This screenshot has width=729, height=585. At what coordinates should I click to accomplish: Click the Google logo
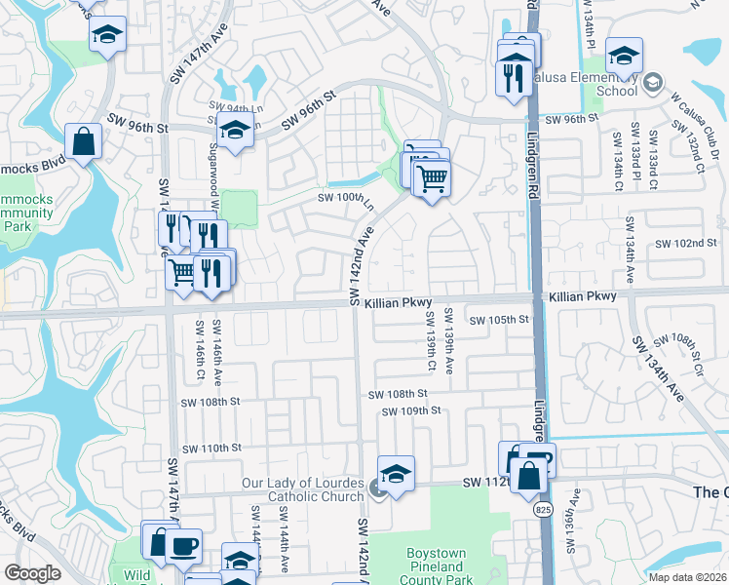click(x=32, y=573)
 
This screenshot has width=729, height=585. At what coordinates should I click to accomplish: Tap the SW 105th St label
click(x=498, y=320)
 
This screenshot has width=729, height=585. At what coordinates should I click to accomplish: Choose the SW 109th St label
click(x=412, y=410)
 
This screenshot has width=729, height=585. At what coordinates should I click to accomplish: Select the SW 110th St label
click(x=210, y=448)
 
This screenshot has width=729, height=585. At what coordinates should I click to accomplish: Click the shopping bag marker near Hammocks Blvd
click(x=85, y=142)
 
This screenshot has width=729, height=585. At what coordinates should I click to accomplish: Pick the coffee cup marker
click(x=182, y=547)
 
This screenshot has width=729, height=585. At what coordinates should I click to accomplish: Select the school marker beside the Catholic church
click(x=396, y=475)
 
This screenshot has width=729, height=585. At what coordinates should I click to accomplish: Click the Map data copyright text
click(x=687, y=577)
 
